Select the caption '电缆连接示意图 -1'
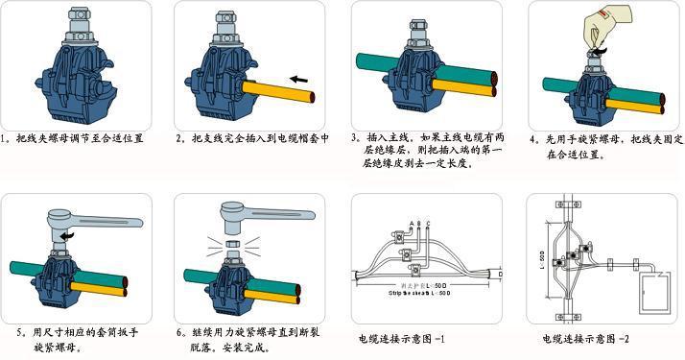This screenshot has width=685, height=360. click(x=403, y=338)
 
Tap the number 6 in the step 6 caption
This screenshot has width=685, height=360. click(x=179, y=333)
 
